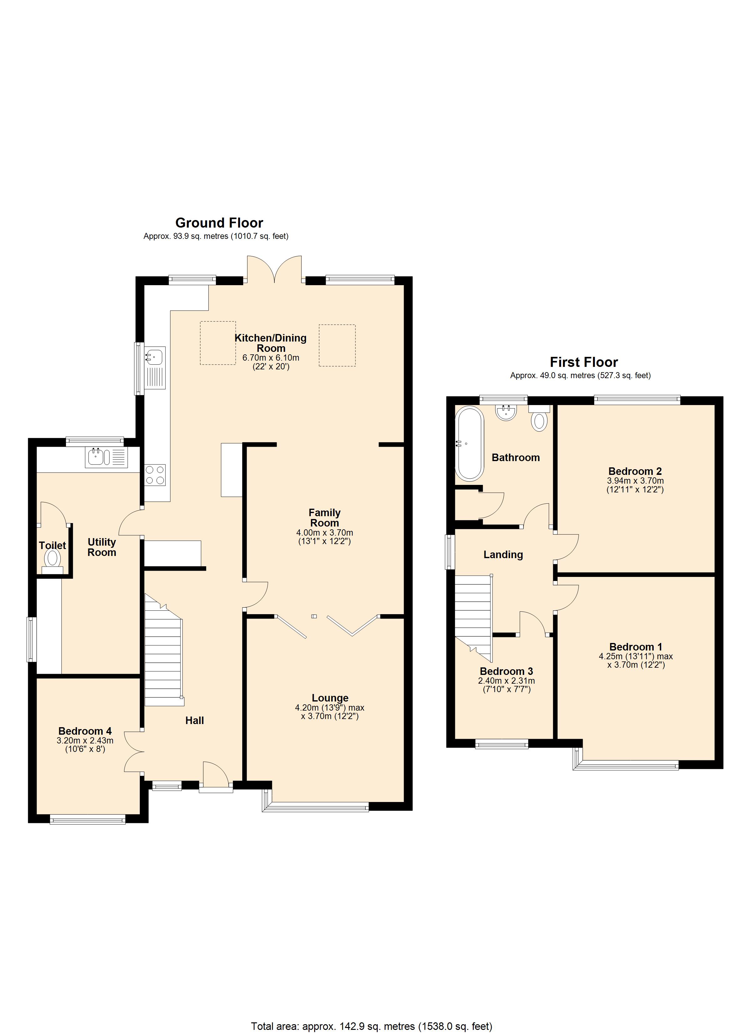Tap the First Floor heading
click(584, 362)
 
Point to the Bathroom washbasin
click(506, 413)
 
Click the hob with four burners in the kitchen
click(155, 475)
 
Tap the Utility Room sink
click(106, 457)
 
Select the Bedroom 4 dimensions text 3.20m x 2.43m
click(85, 741)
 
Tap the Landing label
click(503, 554)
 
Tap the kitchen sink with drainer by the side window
click(155, 367)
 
